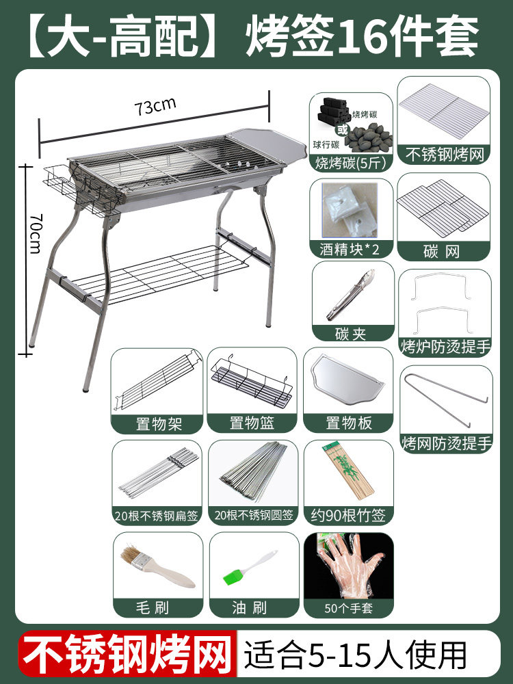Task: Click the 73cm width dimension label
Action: click(x=155, y=107)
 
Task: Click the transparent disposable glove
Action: click(x=350, y=564)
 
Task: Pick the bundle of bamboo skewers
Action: click(x=348, y=472)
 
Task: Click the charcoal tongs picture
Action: click(x=351, y=294)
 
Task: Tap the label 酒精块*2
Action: click(x=350, y=249)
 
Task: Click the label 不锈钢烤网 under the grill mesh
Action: click(x=444, y=155)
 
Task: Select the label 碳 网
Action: click(x=441, y=251)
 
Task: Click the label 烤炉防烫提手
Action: click(x=445, y=346)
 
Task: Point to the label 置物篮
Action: click(x=252, y=423)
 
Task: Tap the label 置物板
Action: click(x=349, y=423)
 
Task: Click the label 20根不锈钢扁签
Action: click(x=156, y=516)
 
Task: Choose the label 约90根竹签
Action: click(x=349, y=515)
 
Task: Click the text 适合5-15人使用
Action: click(x=355, y=655)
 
